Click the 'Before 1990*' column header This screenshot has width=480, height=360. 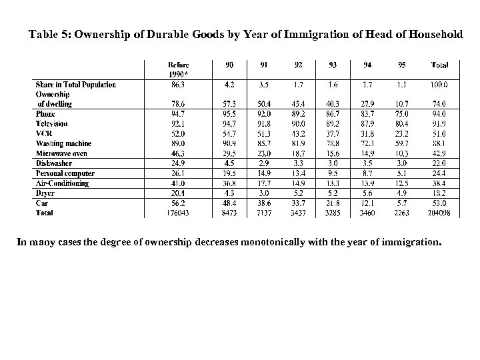pyautogui.click(x=177, y=69)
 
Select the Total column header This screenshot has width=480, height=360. pyautogui.click(x=439, y=65)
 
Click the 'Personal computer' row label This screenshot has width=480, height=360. pyautogui.click(x=65, y=173)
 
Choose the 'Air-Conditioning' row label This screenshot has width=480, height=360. pyautogui.click(x=63, y=183)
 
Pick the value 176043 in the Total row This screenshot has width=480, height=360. pyautogui.click(x=177, y=213)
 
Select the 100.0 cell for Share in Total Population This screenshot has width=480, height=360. pyautogui.click(x=439, y=85)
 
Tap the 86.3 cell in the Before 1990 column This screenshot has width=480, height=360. pyautogui.click(x=177, y=85)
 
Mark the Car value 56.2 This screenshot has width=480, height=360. pyautogui.click(x=177, y=203)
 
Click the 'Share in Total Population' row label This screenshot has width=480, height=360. pyautogui.click(x=76, y=85)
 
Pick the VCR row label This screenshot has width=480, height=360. pyautogui.click(x=45, y=134)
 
